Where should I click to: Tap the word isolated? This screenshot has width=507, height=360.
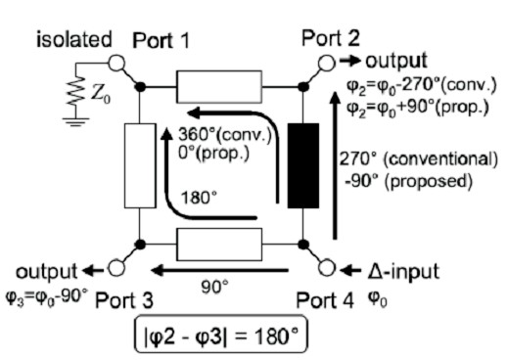point(72,41)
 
